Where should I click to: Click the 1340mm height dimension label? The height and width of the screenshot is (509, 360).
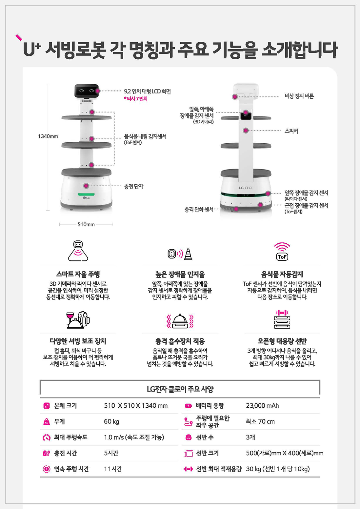pyautogui.click(x=48, y=136)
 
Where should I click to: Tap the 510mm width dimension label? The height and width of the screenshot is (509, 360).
pyautogui.click(x=86, y=225)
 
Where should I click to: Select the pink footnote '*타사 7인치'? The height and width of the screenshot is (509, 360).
pyautogui.click(x=136, y=99)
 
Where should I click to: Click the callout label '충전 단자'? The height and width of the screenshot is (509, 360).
pyautogui.click(x=133, y=187)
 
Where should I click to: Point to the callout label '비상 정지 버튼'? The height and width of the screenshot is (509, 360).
pyautogui.click(x=299, y=96)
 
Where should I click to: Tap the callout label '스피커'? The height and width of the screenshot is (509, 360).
pyautogui.click(x=291, y=131)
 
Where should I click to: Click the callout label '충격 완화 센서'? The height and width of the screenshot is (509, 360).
pyautogui.click(x=199, y=210)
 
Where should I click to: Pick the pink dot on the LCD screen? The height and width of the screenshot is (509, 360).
pyautogui.click(x=98, y=91)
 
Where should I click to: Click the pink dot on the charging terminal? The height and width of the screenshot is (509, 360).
pyautogui.click(x=86, y=186)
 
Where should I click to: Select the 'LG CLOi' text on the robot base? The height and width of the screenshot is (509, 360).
pyautogui.click(x=246, y=188)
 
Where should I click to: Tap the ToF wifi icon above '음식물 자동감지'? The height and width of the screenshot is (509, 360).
pyautogui.click(x=282, y=252)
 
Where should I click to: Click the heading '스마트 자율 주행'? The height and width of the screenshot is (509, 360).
pyautogui.click(x=78, y=274)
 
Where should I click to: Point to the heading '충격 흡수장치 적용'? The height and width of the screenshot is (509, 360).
pyautogui.click(x=180, y=341)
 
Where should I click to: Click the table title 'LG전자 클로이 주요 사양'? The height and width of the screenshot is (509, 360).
pyautogui.click(x=180, y=389)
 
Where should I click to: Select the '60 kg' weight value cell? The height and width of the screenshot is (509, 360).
pyautogui.click(x=111, y=421)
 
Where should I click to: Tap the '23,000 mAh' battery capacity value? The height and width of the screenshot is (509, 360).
pyautogui.click(x=262, y=406)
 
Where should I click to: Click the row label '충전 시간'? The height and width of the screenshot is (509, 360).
pyautogui.click(x=66, y=453)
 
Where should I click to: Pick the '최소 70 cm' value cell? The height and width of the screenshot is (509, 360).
pyautogui.click(x=260, y=421)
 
